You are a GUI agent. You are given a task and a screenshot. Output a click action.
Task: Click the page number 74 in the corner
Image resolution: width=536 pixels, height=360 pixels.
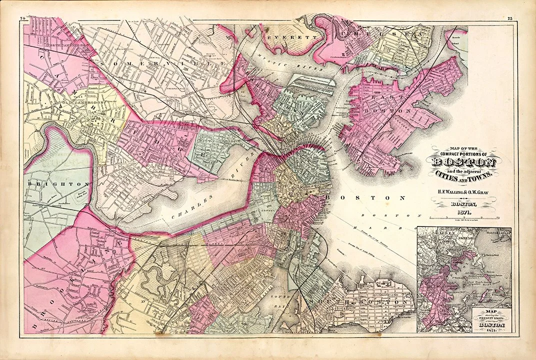23,18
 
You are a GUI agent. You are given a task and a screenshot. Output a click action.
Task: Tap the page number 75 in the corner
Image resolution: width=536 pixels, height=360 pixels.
509,18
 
